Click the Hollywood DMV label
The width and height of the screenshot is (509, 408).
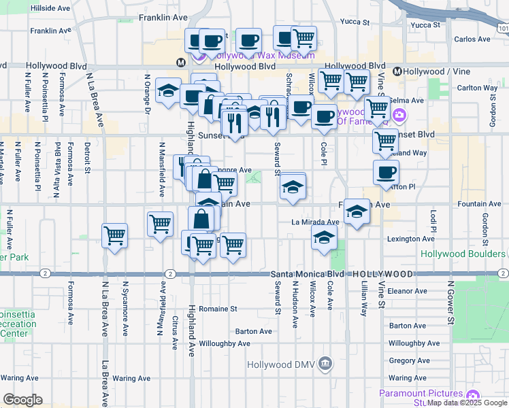click(x=280, y=365)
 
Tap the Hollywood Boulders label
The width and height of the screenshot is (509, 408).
click(x=462, y=254)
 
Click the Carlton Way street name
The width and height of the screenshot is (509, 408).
click(x=477, y=88)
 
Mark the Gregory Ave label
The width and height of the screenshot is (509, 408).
click(x=408, y=360)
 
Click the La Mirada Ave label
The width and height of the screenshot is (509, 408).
click(x=315, y=222)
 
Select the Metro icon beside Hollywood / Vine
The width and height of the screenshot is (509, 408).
click(x=397, y=71)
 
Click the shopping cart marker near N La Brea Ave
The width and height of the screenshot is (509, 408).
click(x=114, y=236)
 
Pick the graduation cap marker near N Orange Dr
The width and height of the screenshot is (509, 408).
click(x=168, y=90)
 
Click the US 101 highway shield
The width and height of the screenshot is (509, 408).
click(x=502, y=29)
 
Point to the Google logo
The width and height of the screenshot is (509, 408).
click(x=22, y=400)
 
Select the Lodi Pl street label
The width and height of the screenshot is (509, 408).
click(x=433, y=220)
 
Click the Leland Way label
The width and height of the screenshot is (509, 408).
click(x=410, y=153)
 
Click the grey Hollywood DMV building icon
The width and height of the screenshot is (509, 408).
click(x=325, y=365)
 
